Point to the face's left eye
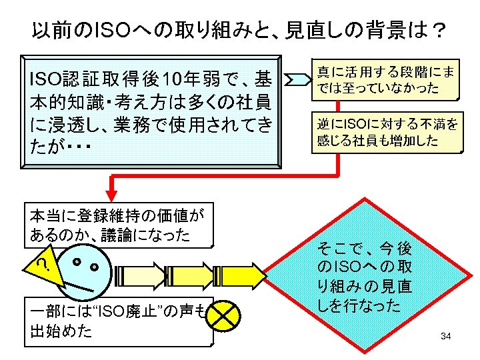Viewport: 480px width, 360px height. (x=79, y=262)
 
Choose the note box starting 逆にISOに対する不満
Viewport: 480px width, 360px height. (x=387, y=133)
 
